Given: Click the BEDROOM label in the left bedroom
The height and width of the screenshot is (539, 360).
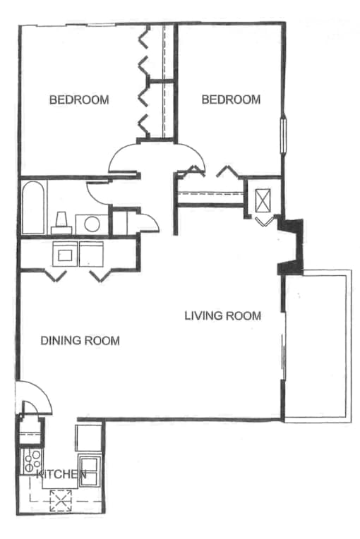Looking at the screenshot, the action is pos(79,99).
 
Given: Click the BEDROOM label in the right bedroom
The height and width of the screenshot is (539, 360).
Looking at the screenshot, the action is pos(231,99).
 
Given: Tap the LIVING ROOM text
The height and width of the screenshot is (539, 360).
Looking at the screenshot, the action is pos(223,315).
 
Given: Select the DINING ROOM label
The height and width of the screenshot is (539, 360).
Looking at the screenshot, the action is pos(80,341).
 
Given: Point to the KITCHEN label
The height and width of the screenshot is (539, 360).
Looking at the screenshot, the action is pos(61,474).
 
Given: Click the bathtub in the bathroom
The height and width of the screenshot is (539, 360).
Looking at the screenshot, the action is pos(33,207).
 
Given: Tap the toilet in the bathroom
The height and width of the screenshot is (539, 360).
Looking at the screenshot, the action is pos(61,224).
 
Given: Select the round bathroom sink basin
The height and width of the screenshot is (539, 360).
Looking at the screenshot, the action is pos(92,224).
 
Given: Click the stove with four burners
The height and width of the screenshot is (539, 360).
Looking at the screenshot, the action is pos(32,460).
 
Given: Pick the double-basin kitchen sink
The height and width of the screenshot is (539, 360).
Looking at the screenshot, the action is pos(90,471).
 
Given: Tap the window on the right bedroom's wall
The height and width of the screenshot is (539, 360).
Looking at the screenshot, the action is pos(284,135).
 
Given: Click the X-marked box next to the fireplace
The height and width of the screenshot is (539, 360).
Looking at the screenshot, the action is pos(263,200).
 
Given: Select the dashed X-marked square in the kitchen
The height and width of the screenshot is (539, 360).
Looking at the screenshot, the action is pos(61,500).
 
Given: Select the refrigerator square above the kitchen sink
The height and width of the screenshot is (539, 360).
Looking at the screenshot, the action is pos(89,438).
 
